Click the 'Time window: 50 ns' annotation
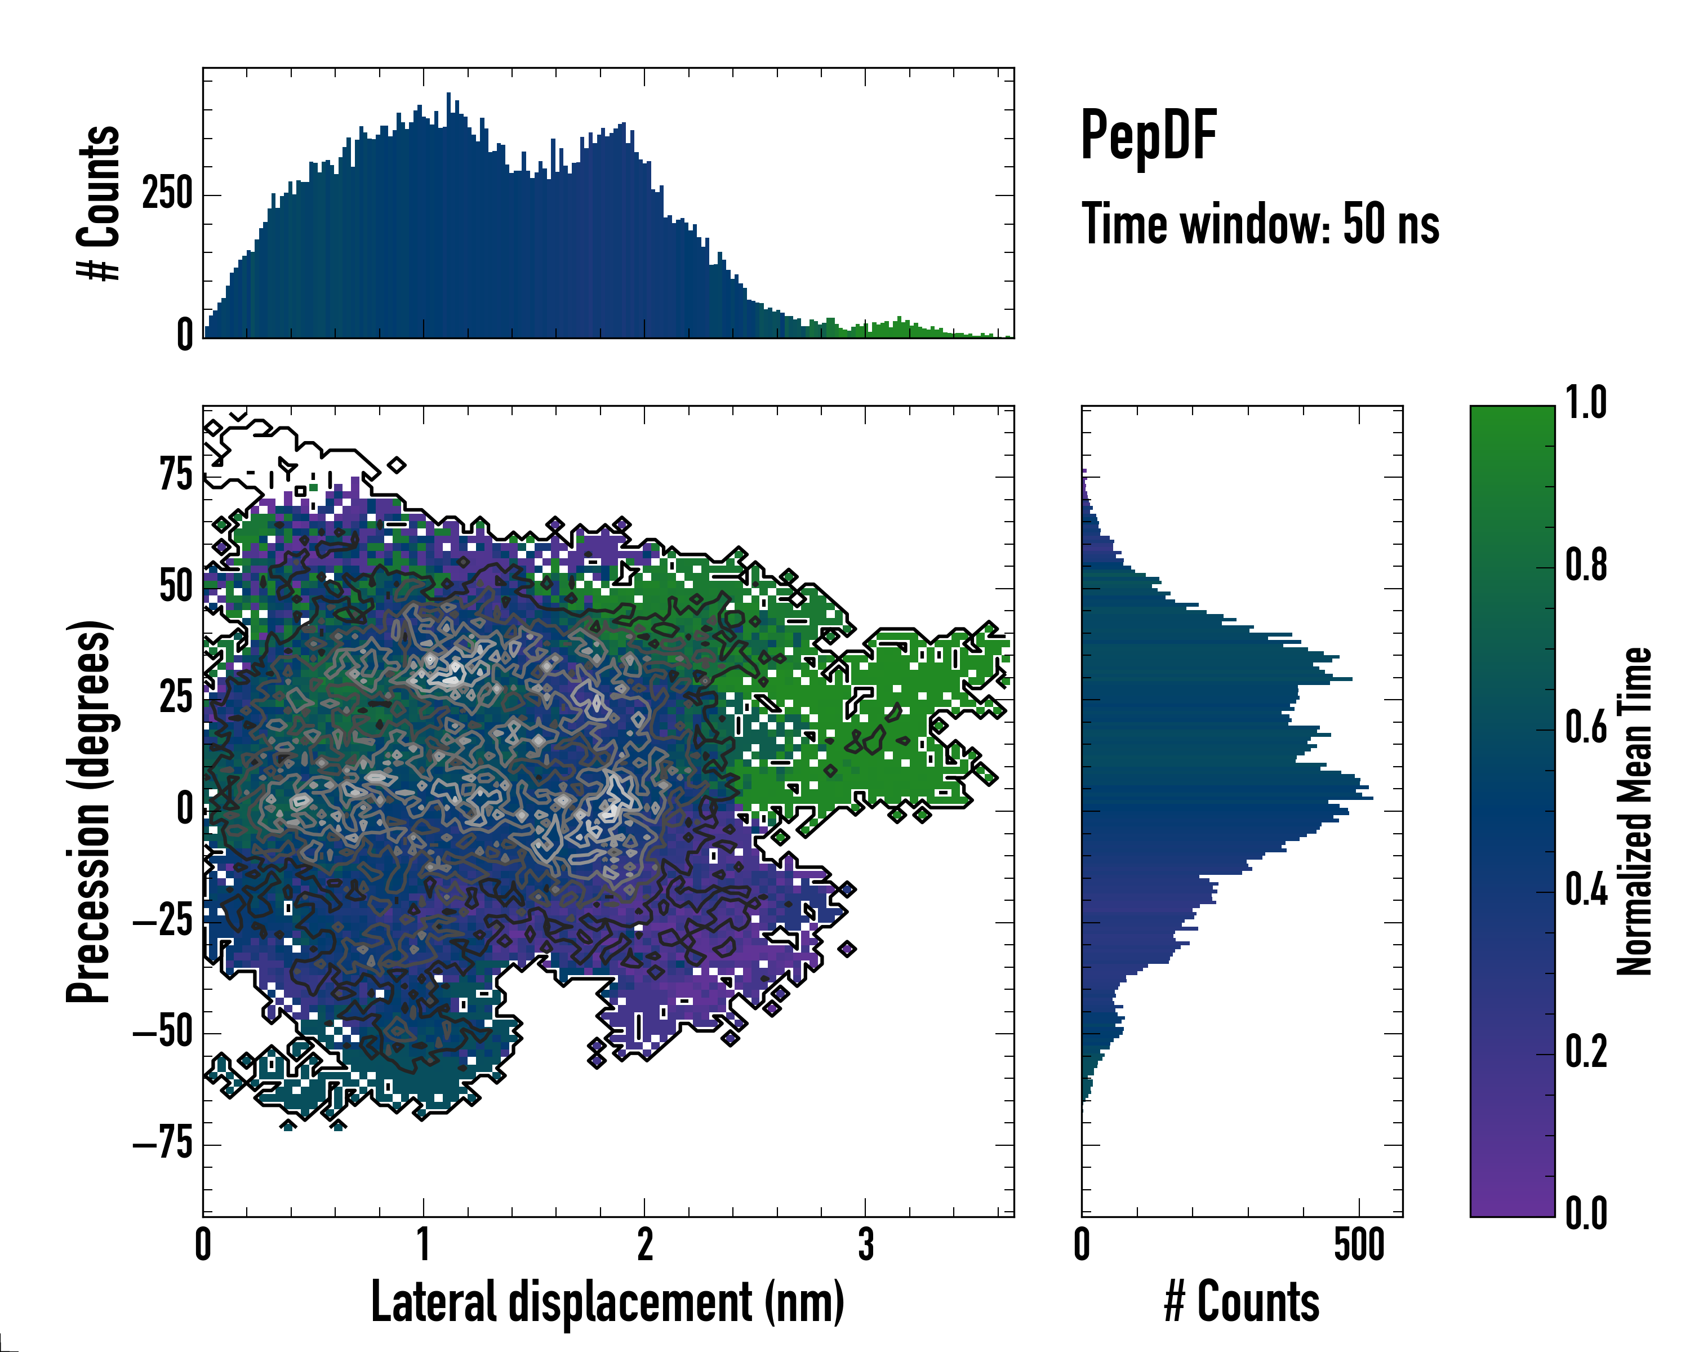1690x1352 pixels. coord(1260,224)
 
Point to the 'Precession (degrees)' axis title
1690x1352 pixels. coord(88,811)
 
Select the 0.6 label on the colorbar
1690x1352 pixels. coord(1586,727)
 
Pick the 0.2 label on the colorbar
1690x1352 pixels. coord(1586,1052)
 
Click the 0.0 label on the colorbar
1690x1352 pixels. coord(1586,1214)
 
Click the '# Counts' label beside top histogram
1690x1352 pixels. coord(99,203)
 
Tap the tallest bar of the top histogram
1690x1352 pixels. coord(448,216)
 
